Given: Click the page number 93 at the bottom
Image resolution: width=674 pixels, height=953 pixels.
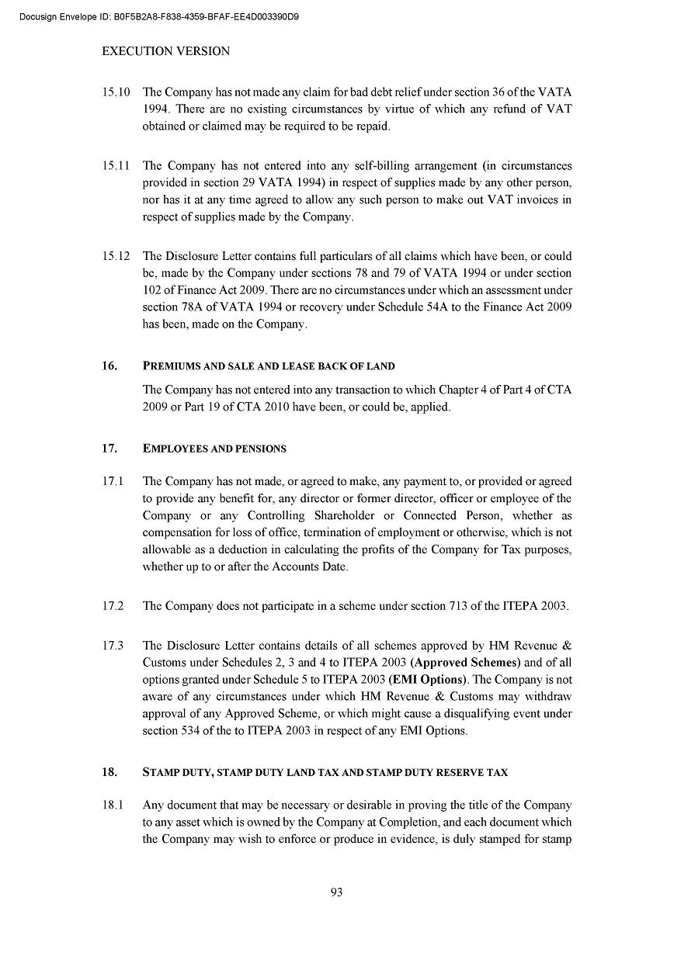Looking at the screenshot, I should coord(336,892).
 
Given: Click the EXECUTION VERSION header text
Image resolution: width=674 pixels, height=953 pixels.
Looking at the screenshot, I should coord(165,51).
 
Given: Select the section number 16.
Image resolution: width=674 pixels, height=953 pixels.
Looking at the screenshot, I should coord(109,366).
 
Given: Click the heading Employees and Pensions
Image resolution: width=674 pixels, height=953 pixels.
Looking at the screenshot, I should coord(214,449).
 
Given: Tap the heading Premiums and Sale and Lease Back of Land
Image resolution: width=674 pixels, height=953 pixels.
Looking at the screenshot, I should coord(269,366).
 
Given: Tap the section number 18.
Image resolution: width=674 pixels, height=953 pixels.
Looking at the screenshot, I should coord(109,772).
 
